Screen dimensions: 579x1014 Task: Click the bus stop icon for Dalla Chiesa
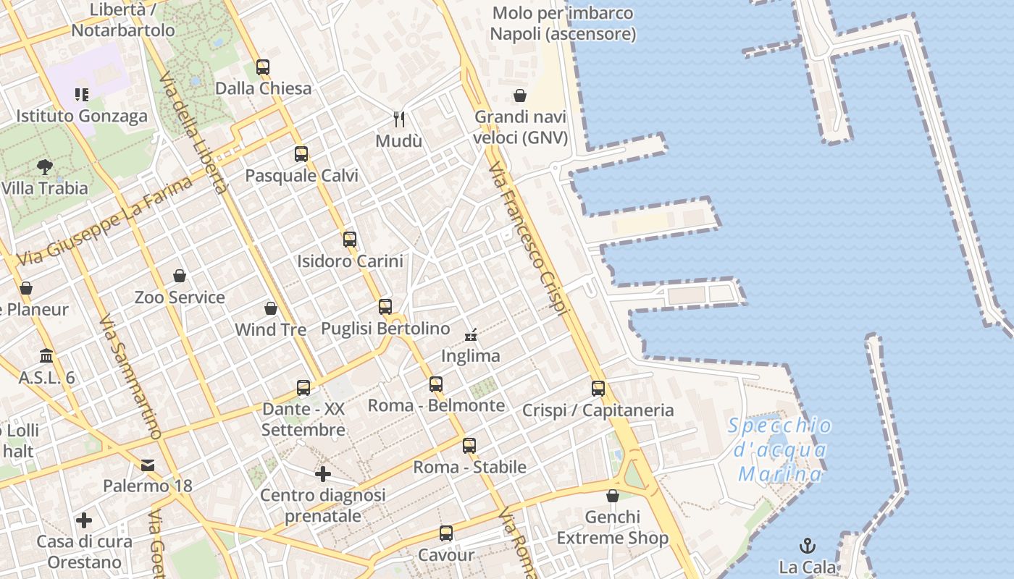click(x=263, y=67)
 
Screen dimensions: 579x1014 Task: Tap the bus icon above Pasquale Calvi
click(x=301, y=154)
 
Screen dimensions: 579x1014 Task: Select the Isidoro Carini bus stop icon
click(x=350, y=240)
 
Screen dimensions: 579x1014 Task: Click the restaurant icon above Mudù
click(x=398, y=119)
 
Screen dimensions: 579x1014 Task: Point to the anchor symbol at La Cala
click(x=807, y=546)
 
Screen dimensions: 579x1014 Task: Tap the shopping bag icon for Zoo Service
click(x=180, y=276)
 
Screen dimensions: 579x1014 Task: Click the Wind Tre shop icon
click(x=271, y=308)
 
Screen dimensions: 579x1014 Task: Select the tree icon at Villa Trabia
click(x=45, y=167)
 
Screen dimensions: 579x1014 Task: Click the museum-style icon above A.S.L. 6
click(x=47, y=356)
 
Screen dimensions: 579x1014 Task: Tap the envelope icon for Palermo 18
click(x=148, y=465)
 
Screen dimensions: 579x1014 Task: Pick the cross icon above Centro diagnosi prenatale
click(x=323, y=474)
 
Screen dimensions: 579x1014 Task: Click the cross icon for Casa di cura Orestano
click(x=84, y=520)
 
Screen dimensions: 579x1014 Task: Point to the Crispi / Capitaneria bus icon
click(x=598, y=389)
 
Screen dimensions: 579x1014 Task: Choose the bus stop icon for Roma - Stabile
click(x=469, y=446)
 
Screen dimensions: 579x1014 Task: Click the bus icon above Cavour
click(x=446, y=534)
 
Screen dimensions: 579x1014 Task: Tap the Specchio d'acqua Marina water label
click(x=780, y=449)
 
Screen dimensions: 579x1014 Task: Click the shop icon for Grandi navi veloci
click(x=520, y=96)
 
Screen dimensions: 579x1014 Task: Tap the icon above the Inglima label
click(x=471, y=334)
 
